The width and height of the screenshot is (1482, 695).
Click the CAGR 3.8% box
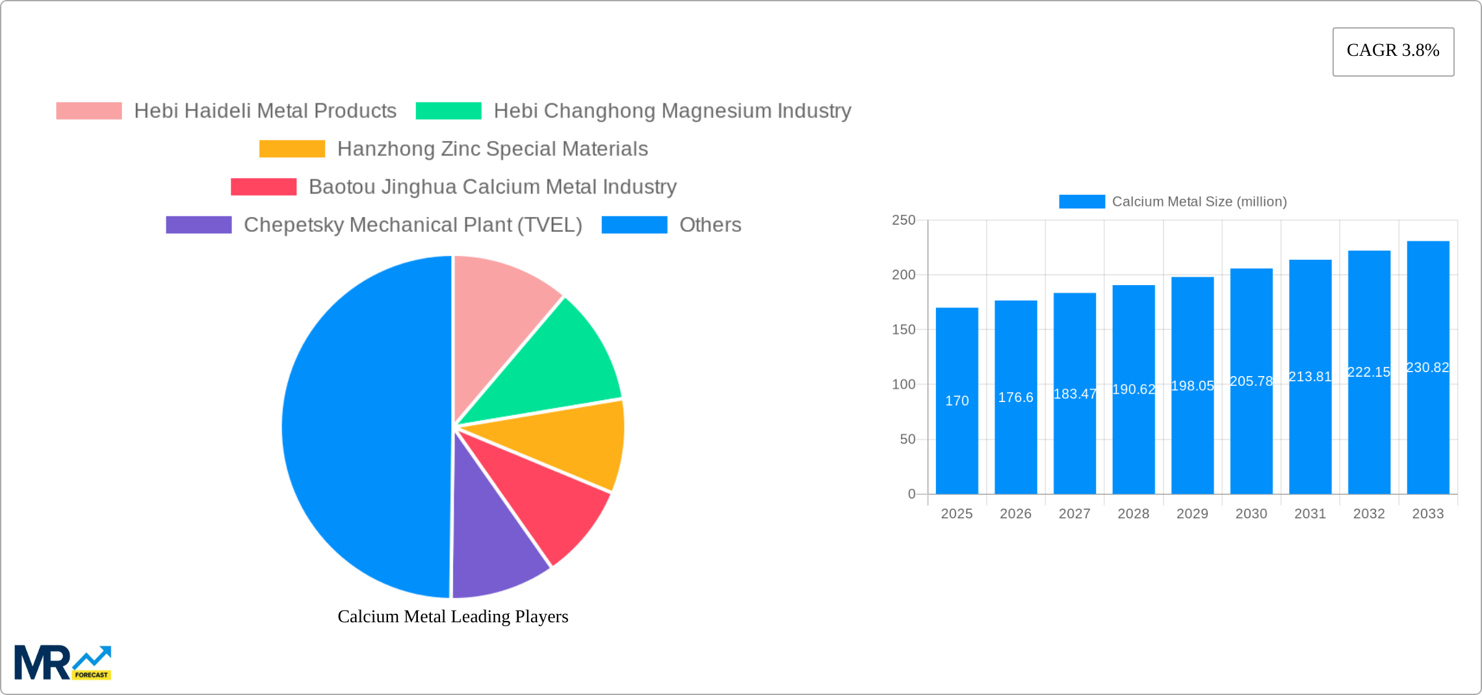(1393, 51)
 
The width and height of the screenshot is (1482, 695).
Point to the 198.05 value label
(1192, 386)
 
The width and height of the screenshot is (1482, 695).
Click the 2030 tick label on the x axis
(1251, 514)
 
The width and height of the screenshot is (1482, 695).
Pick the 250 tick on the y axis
(903, 220)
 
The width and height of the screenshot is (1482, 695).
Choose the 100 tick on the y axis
(903, 385)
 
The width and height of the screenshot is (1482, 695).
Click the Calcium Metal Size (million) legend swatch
(1082, 201)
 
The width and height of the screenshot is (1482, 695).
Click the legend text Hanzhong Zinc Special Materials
(492, 149)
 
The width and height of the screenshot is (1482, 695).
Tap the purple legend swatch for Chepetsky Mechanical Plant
(198, 225)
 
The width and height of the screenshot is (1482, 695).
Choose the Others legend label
(710, 225)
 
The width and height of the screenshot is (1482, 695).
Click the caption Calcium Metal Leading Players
(452, 616)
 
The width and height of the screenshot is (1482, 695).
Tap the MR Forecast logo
(62, 662)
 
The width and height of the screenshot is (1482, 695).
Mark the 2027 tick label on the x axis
(1074, 514)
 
